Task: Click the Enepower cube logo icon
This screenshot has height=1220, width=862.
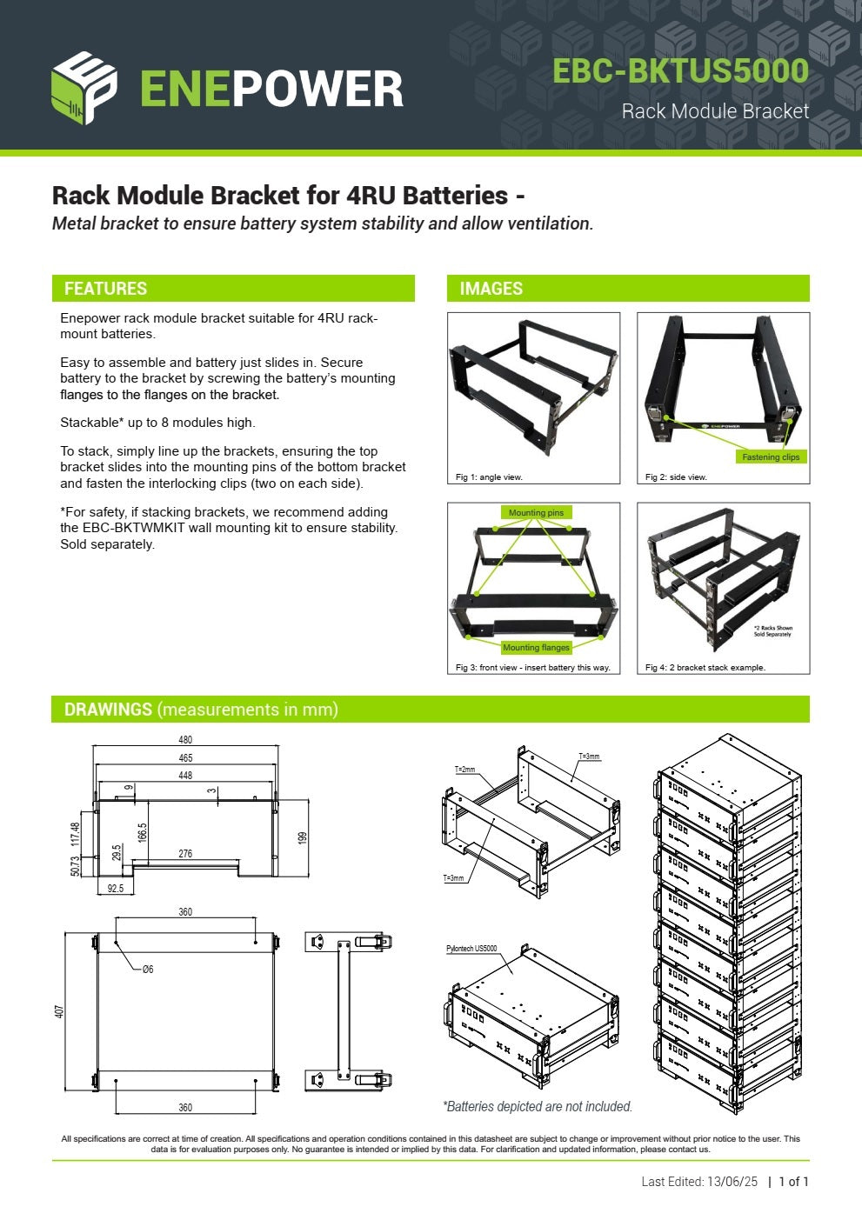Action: coord(84,87)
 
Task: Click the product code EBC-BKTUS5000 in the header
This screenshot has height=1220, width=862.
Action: coord(680,71)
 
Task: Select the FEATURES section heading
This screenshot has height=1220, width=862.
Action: coord(105,289)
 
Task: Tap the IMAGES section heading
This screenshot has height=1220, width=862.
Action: coord(491,289)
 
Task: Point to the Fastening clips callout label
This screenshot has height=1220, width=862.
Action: coord(770,457)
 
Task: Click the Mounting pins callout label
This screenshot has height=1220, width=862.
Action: coord(536,513)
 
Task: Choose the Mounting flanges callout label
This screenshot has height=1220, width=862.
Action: coord(536,648)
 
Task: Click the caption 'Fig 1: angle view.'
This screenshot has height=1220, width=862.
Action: coord(489,477)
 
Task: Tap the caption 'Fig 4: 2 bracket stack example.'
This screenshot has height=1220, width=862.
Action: coord(705,668)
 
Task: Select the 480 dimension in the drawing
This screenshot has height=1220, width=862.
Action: coord(185,740)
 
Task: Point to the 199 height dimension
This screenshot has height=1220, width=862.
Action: coord(303,837)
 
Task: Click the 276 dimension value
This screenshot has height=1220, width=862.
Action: coord(185,854)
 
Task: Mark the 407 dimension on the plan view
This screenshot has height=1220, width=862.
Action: coord(60,1012)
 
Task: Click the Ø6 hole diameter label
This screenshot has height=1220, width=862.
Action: coord(148,970)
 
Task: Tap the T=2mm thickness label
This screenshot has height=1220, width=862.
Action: coord(465,770)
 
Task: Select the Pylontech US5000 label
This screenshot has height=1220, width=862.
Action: coord(471,949)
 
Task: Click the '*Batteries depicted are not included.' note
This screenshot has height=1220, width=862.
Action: coord(538,1106)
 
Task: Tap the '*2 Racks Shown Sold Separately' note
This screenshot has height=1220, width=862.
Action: coord(772,631)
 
